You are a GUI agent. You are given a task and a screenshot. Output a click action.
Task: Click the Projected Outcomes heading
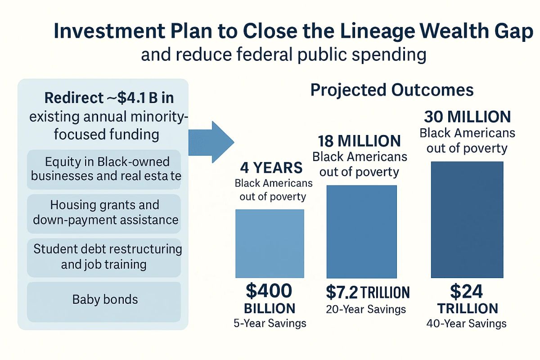(x=391, y=90)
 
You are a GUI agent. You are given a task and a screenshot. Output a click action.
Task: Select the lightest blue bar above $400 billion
(x=270, y=243)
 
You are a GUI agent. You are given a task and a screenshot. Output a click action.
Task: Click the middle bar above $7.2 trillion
(x=361, y=232)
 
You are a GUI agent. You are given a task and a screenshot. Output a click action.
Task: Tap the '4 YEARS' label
(x=271, y=168)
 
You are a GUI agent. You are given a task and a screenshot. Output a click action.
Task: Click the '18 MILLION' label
(x=359, y=141)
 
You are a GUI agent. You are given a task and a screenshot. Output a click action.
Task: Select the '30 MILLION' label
(x=467, y=117)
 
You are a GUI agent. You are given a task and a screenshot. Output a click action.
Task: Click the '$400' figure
(x=269, y=292)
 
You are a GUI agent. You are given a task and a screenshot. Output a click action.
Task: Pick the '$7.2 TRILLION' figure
(x=368, y=293)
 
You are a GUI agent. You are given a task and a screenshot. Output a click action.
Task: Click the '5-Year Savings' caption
(x=270, y=323)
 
